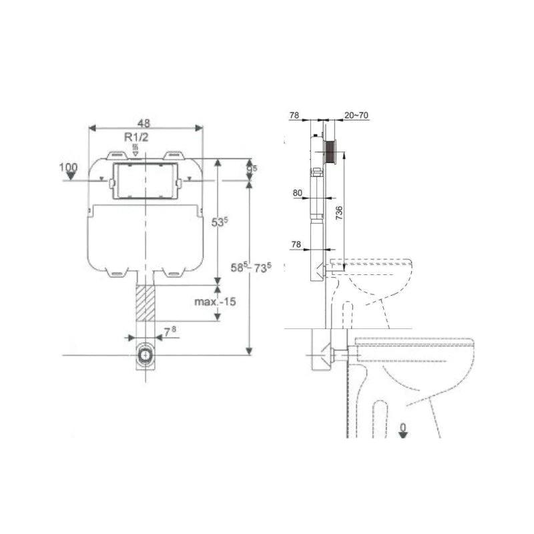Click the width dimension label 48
pyautogui.click(x=144, y=123)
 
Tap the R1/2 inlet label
pyautogui.click(x=136, y=137)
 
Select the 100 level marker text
pyautogui.click(x=69, y=166)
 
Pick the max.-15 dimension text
pyautogui.click(x=215, y=302)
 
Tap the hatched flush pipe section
pyautogui.click(x=145, y=302)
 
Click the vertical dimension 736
pyautogui.click(x=339, y=214)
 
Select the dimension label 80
pyautogui.click(x=297, y=193)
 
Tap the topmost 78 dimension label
pyautogui.click(x=294, y=115)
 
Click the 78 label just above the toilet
pyautogui.click(x=295, y=245)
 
